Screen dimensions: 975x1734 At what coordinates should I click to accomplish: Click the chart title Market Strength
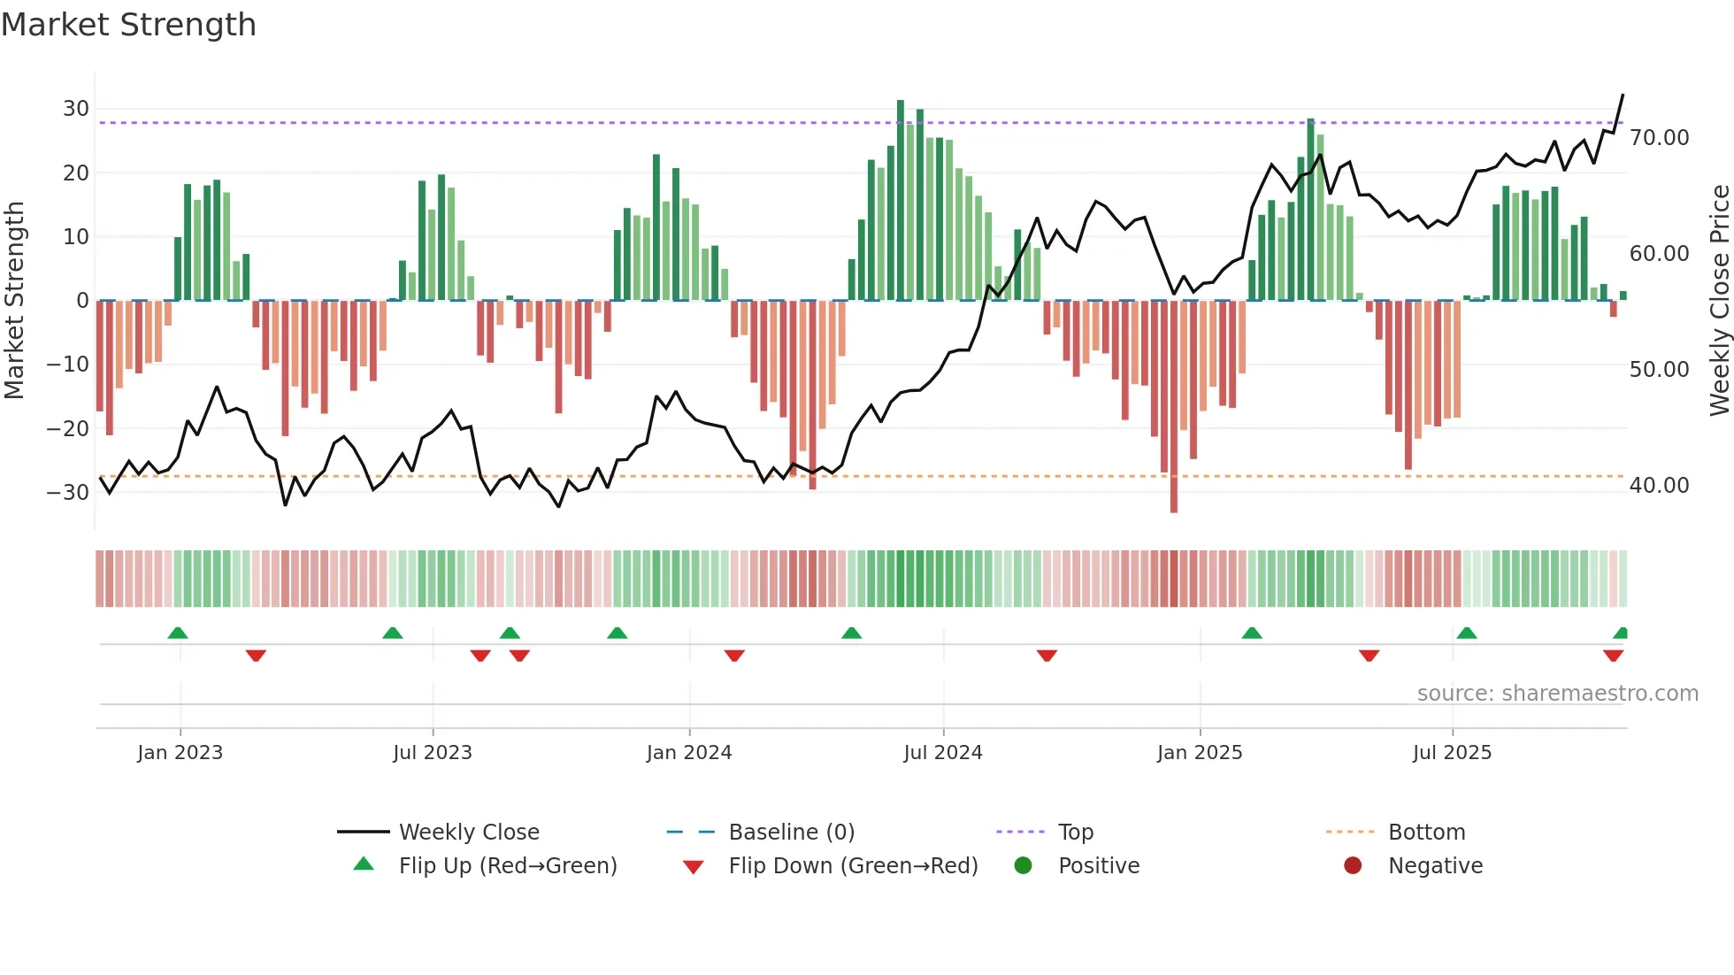128,25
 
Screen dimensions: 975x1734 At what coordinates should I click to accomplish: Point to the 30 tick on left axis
76,109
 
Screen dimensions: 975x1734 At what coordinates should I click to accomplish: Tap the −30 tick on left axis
68,492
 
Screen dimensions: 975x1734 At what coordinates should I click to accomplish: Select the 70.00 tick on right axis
1659,138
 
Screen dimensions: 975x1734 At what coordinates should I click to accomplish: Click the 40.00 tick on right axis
1659,486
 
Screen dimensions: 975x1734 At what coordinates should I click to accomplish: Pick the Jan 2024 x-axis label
689,753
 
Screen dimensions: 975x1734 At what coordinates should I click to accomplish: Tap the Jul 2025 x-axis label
1452,753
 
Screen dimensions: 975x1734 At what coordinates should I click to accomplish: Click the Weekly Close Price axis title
1719,301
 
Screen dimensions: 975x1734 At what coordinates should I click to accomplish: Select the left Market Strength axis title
15,301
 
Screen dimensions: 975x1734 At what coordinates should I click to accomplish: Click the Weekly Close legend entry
468,833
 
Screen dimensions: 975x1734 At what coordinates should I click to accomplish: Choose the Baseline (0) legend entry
791,833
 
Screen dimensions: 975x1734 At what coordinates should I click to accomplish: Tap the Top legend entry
1075,833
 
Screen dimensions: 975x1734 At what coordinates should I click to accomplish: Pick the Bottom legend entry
1426,833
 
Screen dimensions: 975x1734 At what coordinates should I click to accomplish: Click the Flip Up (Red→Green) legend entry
507,866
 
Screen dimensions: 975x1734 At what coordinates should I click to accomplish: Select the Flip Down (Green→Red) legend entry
853,866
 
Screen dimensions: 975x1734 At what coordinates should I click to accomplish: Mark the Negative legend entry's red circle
1353,866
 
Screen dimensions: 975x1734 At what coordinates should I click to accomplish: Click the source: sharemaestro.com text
1557,694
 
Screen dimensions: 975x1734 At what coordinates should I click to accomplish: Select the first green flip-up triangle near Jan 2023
178,633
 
